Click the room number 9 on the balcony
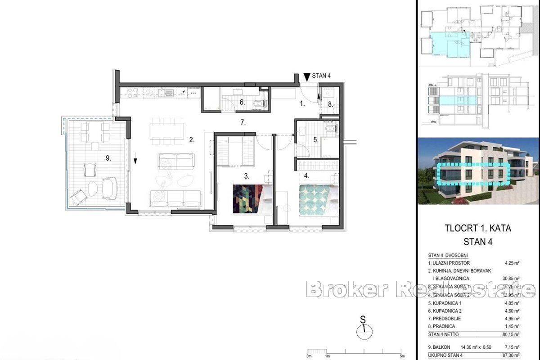pos(108,157)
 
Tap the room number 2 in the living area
pos(191,140)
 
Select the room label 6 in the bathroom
pos(242,103)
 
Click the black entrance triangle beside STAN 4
pos(307,76)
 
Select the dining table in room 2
pos(167,131)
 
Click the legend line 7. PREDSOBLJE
pos(445,318)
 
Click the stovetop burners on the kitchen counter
pos(133,93)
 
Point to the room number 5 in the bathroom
pos(316,140)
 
